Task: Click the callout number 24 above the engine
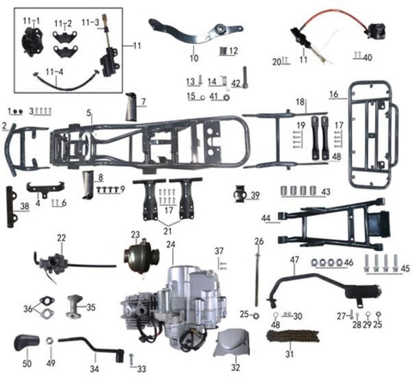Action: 170,244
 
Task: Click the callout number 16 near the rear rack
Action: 333,94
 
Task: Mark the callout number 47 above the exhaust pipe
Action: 294,260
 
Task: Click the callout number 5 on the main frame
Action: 89,112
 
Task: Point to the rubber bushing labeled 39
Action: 241,195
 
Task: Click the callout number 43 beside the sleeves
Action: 325,191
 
